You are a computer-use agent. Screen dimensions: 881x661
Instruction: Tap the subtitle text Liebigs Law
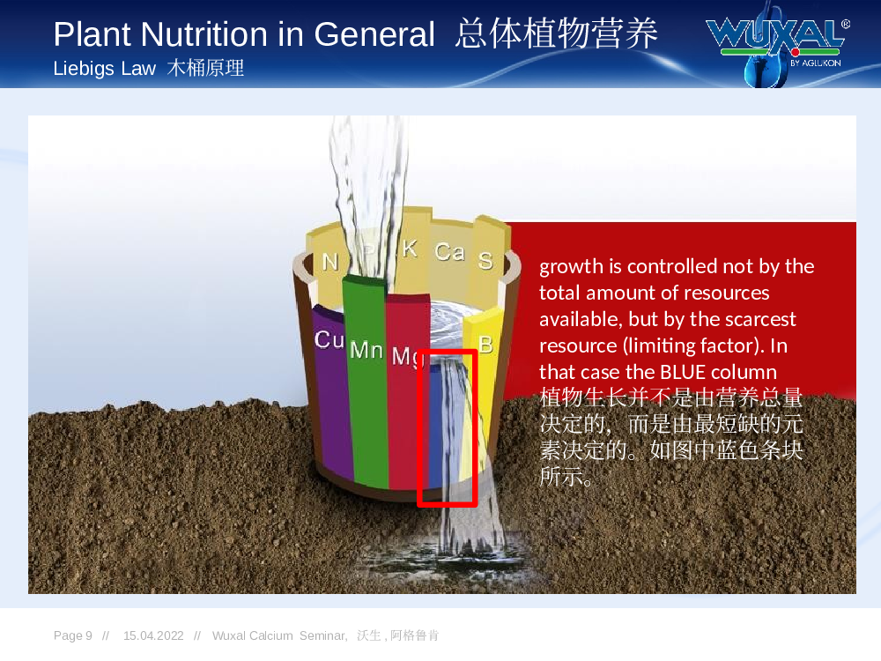(104, 69)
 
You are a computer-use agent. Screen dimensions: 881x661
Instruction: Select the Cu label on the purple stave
(329, 339)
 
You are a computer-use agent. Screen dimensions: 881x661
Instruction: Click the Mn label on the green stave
(366, 350)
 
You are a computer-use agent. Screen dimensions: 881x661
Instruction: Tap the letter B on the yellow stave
(485, 344)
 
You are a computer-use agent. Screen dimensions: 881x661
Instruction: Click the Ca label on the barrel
(449, 251)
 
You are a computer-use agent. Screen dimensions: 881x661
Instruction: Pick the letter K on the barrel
(410, 248)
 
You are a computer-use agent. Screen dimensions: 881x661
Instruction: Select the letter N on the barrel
(329, 262)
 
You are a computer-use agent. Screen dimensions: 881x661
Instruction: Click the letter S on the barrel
(485, 260)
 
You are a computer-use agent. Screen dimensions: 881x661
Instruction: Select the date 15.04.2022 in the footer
(153, 635)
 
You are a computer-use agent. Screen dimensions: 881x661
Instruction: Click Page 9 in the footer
(73, 635)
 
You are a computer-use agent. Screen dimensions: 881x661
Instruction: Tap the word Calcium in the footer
(271, 635)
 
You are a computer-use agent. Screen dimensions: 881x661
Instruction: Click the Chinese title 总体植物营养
(556, 33)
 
